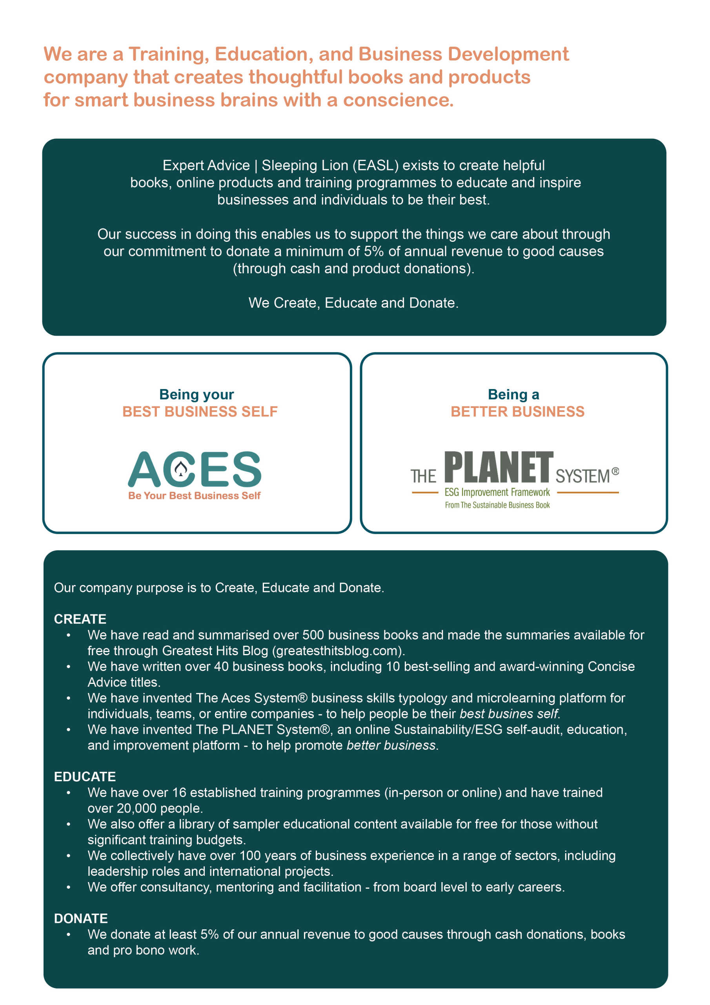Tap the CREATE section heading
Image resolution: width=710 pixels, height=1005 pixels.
[80, 619]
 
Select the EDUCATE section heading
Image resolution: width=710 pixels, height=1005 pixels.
[85, 777]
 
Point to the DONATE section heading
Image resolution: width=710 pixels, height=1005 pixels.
[81, 918]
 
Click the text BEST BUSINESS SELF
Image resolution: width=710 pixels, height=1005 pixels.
[200, 411]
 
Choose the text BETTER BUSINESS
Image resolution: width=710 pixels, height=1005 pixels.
[517, 411]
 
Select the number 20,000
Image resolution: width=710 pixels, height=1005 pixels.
[137, 808]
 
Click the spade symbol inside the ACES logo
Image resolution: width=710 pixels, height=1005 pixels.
[181, 469]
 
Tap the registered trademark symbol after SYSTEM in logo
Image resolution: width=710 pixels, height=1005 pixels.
[615, 471]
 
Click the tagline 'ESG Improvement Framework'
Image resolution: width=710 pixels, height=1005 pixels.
[497, 492]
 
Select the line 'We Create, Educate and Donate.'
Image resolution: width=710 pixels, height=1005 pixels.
[353, 303]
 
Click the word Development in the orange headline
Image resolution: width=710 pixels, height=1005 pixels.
[508, 54]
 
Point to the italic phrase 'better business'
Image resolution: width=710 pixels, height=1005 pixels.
[391, 746]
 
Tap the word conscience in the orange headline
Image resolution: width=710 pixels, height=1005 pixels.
[398, 100]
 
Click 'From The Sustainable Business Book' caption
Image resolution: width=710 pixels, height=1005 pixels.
[497, 505]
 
